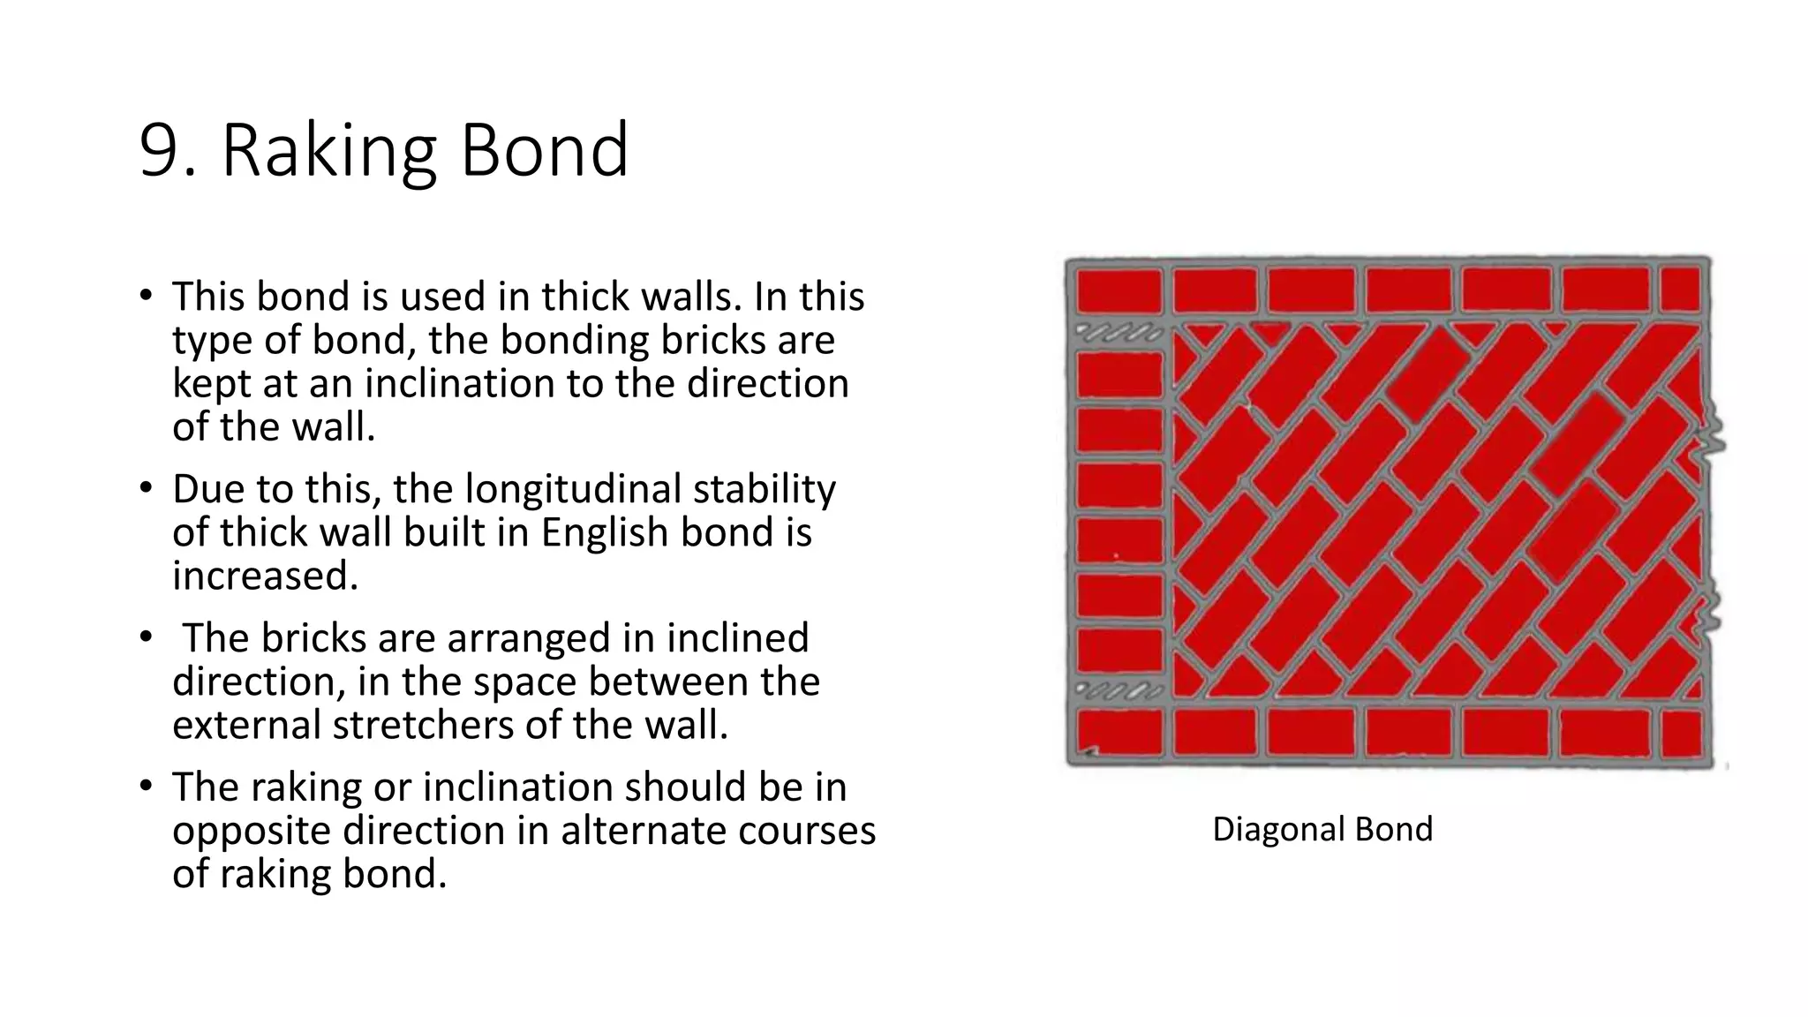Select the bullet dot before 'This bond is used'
click(x=147, y=296)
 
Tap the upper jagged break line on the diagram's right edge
click(x=1711, y=434)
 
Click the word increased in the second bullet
click(x=265, y=576)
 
